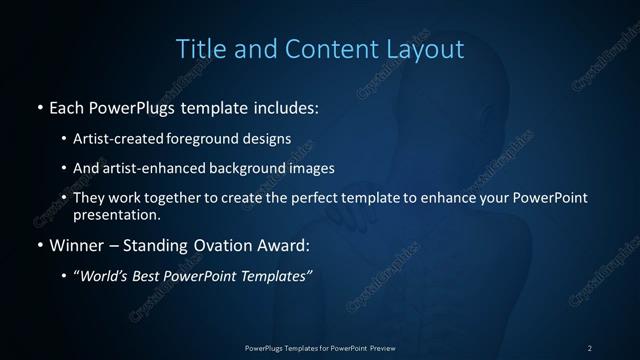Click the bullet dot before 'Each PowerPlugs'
point(38,105)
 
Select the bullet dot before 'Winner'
point(38,243)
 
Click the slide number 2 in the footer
point(589,347)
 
